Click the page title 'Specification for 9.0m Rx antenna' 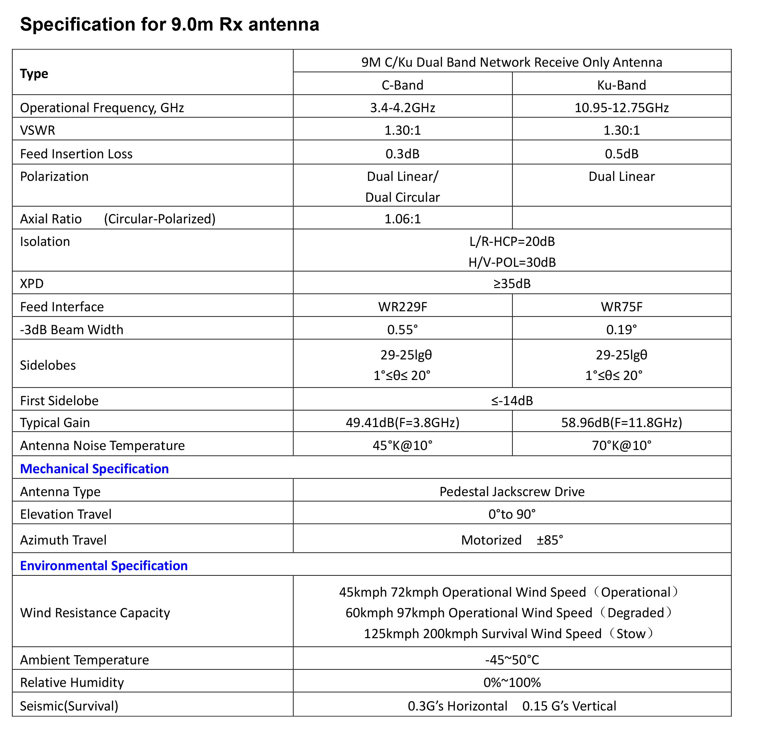click(169, 24)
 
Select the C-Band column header click(402, 85)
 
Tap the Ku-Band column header click(621, 85)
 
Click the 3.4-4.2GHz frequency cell click(402, 108)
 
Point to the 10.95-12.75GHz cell click(621, 108)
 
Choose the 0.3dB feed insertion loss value click(402, 154)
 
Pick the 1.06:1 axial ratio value click(402, 219)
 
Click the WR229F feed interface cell click(402, 307)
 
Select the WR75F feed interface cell click(621, 307)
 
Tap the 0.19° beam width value click(621, 330)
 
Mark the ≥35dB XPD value click(512, 283)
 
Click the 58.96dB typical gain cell click(621, 422)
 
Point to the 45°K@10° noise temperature click(402, 445)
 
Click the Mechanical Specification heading click(95, 469)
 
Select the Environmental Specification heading click(104, 565)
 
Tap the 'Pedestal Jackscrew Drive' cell click(512, 491)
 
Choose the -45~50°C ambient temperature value click(512, 660)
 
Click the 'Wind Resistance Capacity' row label click(95, 612)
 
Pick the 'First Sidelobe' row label click(59, 401)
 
